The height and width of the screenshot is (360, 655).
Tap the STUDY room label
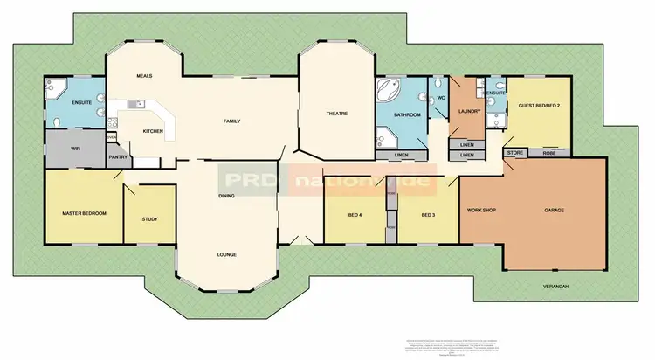pyautogui.click(x=149, y=218)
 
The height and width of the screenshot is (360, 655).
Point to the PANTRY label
pyautogui.click(x=119, y=157)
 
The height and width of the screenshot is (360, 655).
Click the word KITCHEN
pyautogui.click(x=153, y=131)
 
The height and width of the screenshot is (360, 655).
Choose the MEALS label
pyautogui.click(x=145, y=76)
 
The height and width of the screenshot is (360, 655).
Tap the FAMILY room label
pyautogui.click(x=231, y=121)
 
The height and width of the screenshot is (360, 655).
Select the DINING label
pyautogui.click(x=226, y=195)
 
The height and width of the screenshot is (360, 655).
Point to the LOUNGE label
pyautogui.click(x=227, y=254)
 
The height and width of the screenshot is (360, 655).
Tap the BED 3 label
pyautogui.click(x=427, y=214)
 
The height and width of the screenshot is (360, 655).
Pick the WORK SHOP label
pyautogui.click(x=481, y=211)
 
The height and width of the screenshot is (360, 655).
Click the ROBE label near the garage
pyautogui.click(x=548, y=152)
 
